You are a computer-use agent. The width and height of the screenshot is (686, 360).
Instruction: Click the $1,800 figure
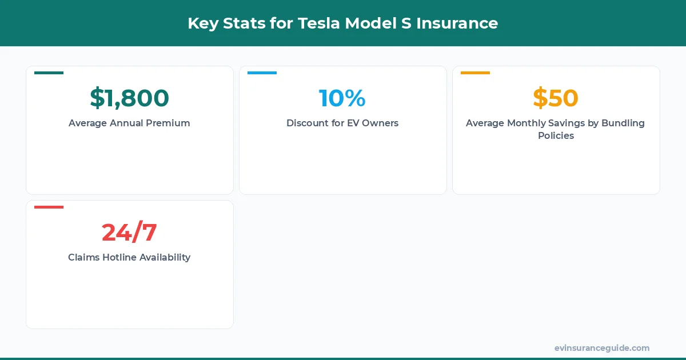point(129,98)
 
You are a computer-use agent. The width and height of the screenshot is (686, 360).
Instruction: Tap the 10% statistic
point(342,98)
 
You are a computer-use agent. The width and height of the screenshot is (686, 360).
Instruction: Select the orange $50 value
point(556,98)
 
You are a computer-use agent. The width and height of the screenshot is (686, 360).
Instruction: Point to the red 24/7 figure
point(129,233)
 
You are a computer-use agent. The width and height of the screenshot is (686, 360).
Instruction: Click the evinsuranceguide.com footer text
point(602,348)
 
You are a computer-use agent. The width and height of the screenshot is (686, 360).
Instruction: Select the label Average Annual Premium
point(129,123)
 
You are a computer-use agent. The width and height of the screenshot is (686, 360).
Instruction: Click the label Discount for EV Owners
point(342,123)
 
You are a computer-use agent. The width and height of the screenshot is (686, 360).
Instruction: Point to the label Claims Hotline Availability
point(129,257)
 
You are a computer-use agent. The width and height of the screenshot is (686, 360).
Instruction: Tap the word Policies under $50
point(556,136)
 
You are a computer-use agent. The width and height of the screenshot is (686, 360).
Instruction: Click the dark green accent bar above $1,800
point(49,73)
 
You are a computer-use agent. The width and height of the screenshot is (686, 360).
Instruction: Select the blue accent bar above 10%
point(262,73)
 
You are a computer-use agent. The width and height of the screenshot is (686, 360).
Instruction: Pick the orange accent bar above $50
point(475,73)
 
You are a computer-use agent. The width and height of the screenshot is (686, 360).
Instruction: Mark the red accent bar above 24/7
point(49,207)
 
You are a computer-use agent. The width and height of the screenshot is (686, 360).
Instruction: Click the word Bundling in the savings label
point(623,123)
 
